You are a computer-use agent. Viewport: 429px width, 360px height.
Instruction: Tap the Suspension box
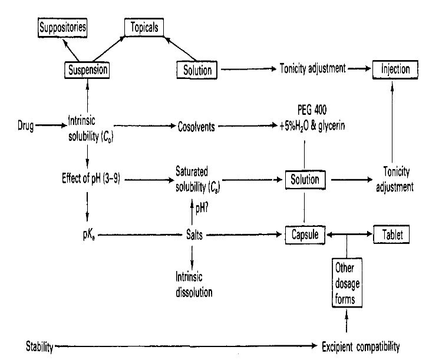[x=87, y=70]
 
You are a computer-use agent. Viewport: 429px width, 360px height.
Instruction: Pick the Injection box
[x=391, y=70]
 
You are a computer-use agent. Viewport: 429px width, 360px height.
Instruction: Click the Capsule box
[x=305, y=235]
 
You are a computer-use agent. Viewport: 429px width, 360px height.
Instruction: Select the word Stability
[x=39, y=346]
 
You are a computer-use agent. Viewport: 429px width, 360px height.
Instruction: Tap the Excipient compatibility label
[x=361, y=346]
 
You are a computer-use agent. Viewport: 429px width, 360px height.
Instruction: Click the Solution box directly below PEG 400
[x=305, y=179]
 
